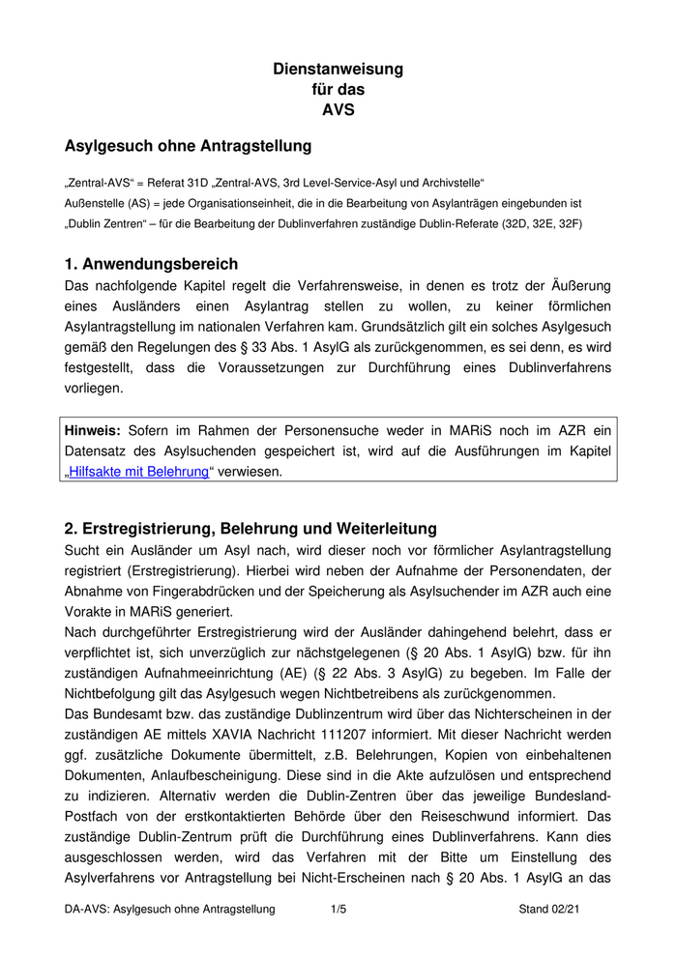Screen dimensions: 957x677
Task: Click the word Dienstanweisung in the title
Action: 338,70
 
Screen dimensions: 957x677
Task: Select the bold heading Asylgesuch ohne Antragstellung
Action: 188,147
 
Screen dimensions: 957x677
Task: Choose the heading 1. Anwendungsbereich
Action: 151,264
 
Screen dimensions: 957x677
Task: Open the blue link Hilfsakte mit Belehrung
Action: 139,472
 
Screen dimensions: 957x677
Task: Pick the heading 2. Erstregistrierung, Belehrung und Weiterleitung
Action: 250,529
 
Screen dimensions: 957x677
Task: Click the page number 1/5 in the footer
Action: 338,910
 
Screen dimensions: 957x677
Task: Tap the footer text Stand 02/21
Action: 549,910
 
